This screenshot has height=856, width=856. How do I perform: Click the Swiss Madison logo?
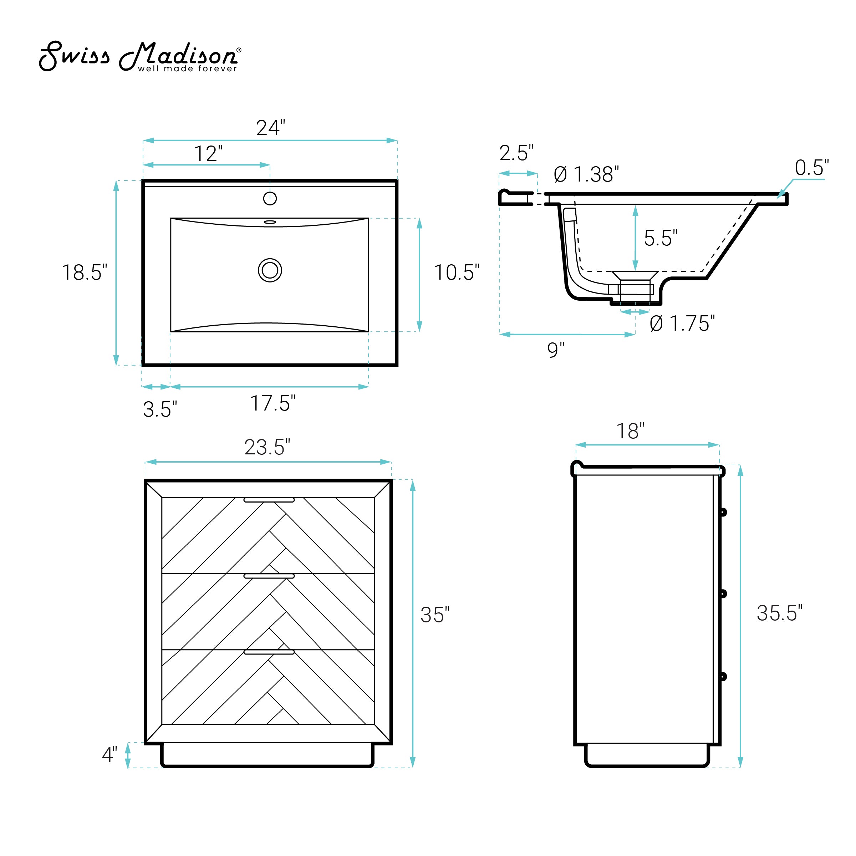pyautogui.click(x=140, y=56)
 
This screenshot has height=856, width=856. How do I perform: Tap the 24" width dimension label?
pyautogui.click(x=270, y=128)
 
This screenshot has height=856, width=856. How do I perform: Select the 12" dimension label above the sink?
pyautogui.click(x=208, y=153)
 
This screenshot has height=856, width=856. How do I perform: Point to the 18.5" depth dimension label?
pyautogui.click(x=84, y=272)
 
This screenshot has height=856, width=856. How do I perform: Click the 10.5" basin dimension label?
pyautogui.click(x=457, y=272)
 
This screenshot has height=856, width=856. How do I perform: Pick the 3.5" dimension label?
pyautogui.click(x=160, y=409)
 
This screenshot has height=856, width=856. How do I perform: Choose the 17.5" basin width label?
pyautogui.click(x=272, y=403)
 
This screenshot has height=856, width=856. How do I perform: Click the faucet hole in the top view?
pyautogui.click(x=270, y=199)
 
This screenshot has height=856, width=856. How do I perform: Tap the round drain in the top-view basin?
pyautogui.click(x=270, y=270)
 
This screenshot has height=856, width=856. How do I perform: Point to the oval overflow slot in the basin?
pyautogui.click(x=270, y=222)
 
